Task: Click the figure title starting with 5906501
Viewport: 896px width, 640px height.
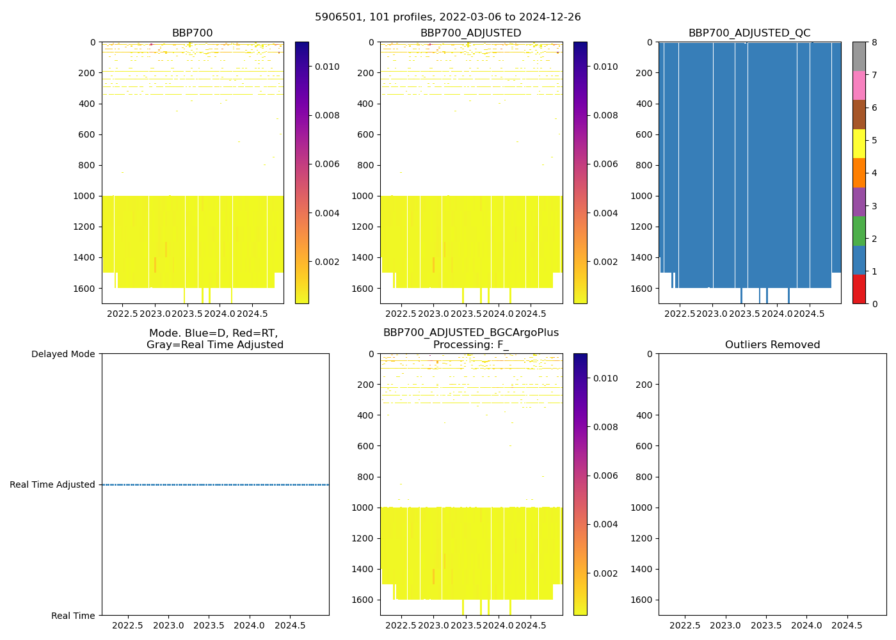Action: (448, 17)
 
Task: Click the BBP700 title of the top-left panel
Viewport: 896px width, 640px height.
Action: (192, 33)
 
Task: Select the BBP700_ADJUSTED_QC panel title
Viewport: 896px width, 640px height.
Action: (749, 33)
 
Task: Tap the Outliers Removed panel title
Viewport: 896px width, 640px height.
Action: (772, 345)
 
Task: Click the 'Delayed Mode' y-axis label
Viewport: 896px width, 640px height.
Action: (63, 354)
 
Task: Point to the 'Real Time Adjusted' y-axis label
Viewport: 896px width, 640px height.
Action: (52, 485)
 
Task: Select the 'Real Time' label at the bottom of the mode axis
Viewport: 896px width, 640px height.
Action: (73, 616)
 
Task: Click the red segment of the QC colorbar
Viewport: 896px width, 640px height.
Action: (859, 289)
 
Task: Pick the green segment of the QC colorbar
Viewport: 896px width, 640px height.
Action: (859, 230)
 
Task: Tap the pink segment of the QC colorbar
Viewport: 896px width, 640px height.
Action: (859, 85)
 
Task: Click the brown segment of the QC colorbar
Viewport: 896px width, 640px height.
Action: (859, 114)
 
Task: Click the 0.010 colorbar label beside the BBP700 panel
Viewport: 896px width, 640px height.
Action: (327, 67)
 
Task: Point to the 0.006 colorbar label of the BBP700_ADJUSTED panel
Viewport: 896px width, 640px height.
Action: (605, 164)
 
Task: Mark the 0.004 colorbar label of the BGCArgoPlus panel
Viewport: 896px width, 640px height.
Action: (605, 525)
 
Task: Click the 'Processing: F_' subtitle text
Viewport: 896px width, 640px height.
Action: (471, 345)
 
